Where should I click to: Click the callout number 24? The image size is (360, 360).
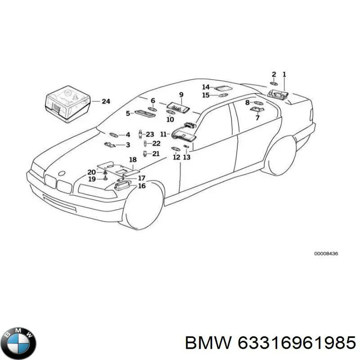[x=105, y=102]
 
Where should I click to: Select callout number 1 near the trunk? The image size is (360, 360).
[x=284, y=74]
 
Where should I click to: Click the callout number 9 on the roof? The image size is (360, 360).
[x=181, y=94]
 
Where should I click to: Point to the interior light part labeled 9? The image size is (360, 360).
[x=178, y=107]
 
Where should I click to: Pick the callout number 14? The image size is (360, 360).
[x=206, y=87]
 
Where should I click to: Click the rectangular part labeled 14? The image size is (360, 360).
[x=221, y=88]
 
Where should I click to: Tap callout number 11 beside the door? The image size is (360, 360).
[x=163, y=134]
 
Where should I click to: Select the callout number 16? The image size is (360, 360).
[x=142, y=186]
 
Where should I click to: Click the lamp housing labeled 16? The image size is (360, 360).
[x=121, y=184]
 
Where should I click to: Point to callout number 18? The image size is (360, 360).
[x=133, y=160]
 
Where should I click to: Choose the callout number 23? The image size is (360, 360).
[x=150, y=134]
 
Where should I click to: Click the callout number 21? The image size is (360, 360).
[x=156, y=154]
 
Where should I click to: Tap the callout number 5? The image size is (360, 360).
[x=128, y=114]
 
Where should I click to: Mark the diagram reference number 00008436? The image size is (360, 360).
[x=326, y=254]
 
